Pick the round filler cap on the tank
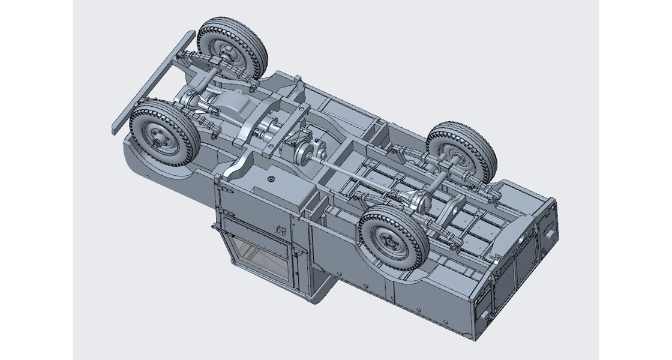[x=272, y=179]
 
